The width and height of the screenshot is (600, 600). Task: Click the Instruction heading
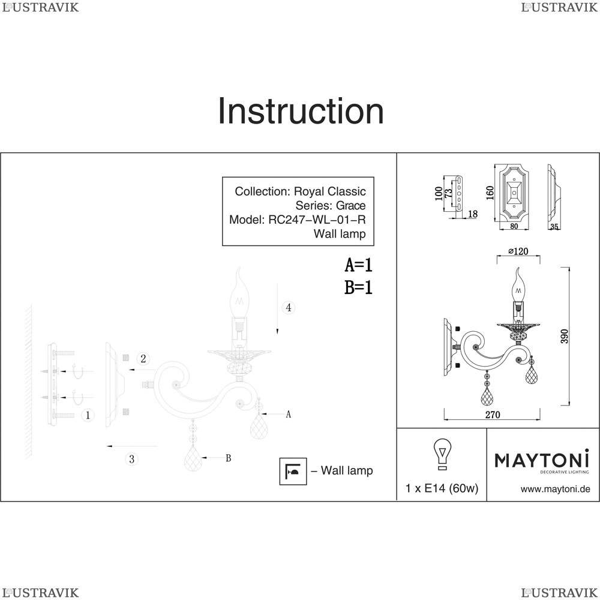click(x=300, y=111)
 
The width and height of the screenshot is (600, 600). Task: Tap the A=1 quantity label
click(x=359, y=265)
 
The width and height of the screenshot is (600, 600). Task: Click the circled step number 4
click(x=289, y=308)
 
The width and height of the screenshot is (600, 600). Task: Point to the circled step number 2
click(x=143, y=359)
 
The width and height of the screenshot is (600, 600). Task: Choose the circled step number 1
click(x=88, y=415)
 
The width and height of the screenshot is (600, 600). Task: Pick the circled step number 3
click(x=133, y=459)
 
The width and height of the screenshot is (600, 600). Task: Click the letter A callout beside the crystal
click(x=289, y=414)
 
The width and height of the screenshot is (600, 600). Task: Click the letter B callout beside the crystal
click(x=228, y=458)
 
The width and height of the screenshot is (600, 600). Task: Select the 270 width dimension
click(x=492, y=415)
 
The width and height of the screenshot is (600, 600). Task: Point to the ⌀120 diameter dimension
click(x=518, y=251)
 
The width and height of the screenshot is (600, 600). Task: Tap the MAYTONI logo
click(x=542, y=460)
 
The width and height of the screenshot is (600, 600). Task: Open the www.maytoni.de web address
click(x=555, y=489)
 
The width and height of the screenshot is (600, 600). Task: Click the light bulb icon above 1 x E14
click(x=442, y=454)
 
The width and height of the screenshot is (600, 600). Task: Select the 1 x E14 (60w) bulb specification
click(x=442, y=488)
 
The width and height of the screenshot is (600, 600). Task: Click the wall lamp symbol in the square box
click(x=293, y=472)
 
